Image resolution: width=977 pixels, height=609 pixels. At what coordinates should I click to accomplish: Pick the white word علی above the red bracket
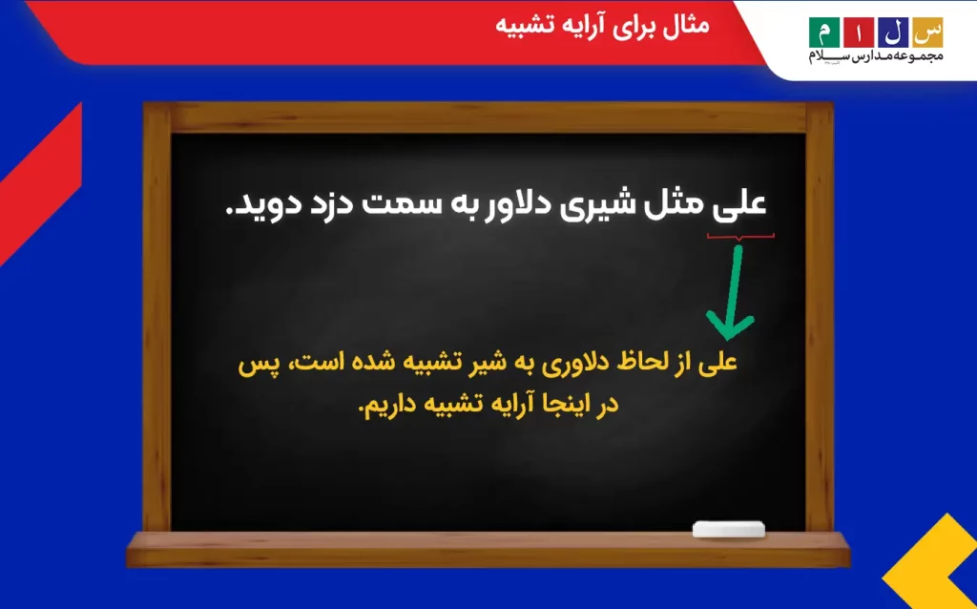tap(739, 205)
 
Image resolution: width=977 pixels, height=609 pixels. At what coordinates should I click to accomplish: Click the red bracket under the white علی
tap(740, 237)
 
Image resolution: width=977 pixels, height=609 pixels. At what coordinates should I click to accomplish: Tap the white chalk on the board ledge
tap(729, 529)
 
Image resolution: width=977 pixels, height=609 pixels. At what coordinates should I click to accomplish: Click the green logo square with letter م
tap(824, 32)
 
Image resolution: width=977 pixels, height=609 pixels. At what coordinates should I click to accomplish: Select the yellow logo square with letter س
tap(927, 32)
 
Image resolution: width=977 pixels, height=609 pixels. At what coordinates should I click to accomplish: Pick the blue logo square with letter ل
tap(893, 32)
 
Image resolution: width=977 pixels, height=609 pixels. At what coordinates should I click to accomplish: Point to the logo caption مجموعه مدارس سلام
tap(876, 56)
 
